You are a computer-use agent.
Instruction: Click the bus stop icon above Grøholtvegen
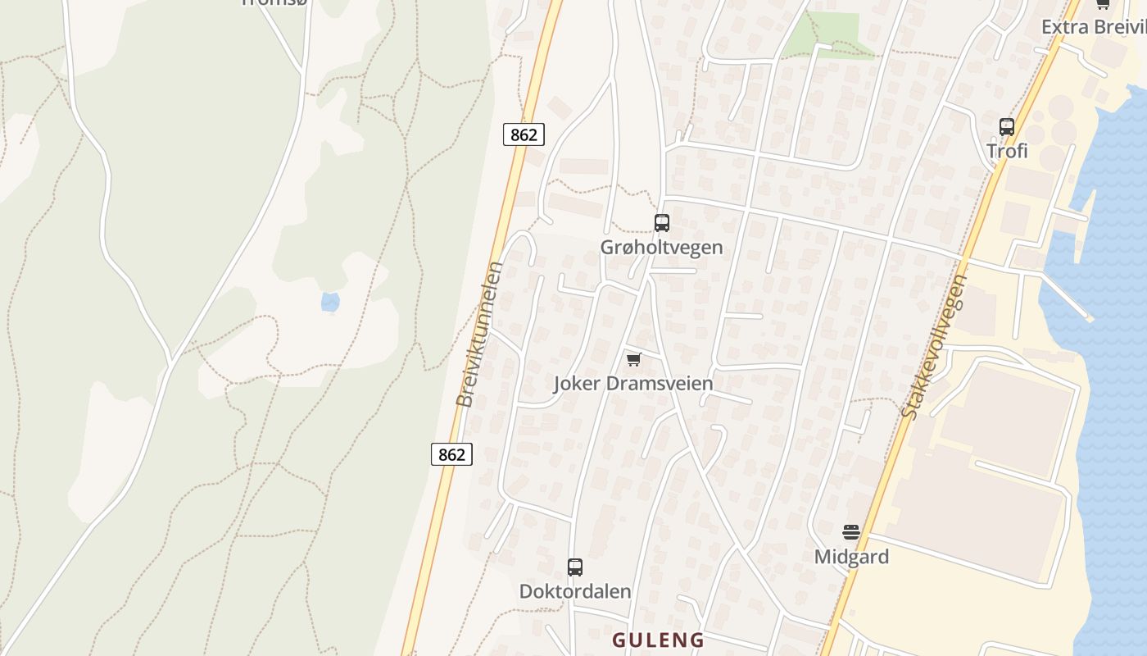(x=661, y=222)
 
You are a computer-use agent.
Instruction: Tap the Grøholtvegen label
(x=661, y=247)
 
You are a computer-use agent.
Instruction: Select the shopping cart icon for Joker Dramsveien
(x=633, y=359)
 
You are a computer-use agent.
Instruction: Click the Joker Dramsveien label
(x=633, y=383)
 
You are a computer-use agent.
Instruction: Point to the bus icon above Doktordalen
(x=575, y=567)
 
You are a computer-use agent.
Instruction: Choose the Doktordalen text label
(x=575, y=591)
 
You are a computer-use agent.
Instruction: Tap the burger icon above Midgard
(x=851, y=532)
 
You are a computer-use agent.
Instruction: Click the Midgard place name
(x=851, y=557)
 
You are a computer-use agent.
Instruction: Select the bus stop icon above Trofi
(x=1007, y=127)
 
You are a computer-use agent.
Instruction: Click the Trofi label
(x=1007, y=151)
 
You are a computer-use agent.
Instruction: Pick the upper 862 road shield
(x=524, y=134)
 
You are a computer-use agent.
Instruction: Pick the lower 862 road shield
(x=451, y=454)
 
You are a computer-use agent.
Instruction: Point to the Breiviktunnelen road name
(x=479, y=334)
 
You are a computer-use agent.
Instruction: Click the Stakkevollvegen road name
(x=935, y=346)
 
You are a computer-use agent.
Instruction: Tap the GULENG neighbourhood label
(x=658, y=640)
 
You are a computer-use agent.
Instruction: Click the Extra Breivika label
(x=1094, y=27)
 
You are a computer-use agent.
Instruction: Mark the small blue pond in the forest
(x=330, y=303)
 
